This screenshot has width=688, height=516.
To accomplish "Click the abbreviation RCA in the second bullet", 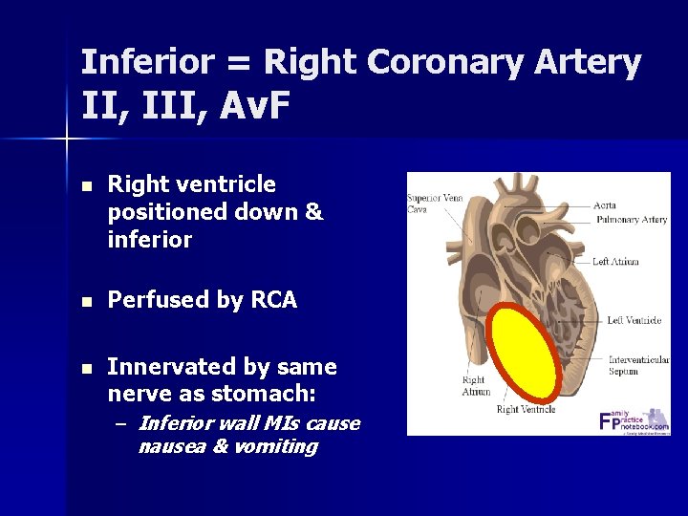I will coord(273,301).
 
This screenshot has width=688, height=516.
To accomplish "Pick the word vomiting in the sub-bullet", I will coord(277,446).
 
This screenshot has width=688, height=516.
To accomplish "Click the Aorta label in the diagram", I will coord(604,204).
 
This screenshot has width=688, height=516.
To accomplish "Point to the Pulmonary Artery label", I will coord(631,220).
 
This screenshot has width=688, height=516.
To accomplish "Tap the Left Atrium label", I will coord(614,261).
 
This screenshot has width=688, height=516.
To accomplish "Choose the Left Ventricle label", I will coord(634,320).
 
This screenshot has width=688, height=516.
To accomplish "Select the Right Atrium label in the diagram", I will coord(475,386).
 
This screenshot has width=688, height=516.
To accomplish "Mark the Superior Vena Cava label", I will coord(435,203).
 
